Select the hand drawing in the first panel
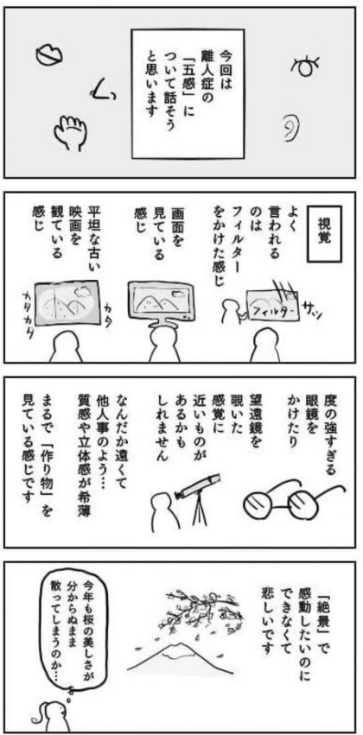pos(68,129)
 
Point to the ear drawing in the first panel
pos(290,129)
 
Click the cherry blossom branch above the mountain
pos(198,610)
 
